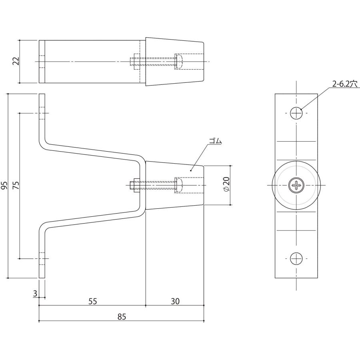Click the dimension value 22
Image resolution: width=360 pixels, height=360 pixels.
16,62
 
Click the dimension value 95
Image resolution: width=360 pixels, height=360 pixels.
4,185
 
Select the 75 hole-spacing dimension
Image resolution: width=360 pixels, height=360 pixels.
16,185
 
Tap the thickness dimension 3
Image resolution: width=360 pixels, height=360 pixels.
35,294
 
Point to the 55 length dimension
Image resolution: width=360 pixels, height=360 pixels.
92,301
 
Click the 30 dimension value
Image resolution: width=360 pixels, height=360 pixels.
175,301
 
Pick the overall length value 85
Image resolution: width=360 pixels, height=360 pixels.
122,317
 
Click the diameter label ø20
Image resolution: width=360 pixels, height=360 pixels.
226,185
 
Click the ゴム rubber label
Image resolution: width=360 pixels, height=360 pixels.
215,141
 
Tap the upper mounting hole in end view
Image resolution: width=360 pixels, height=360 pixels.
296,113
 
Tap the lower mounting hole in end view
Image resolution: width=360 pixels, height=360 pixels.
296,258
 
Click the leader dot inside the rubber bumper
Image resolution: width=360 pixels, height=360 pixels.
191,170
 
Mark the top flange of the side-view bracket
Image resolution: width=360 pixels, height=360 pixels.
42,116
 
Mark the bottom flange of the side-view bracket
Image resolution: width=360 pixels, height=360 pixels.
42,256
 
